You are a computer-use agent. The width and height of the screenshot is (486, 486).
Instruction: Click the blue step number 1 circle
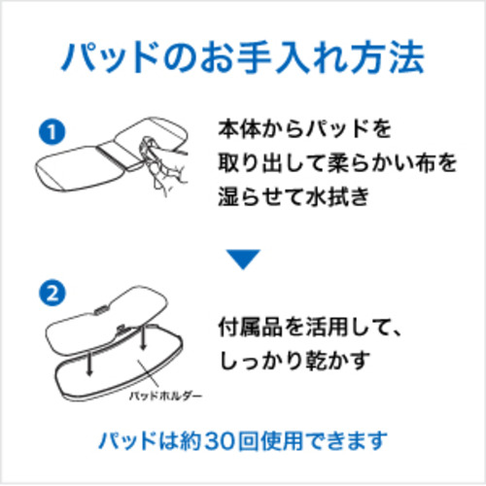point(52,132)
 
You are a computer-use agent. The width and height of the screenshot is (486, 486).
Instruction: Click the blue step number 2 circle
point(52,294)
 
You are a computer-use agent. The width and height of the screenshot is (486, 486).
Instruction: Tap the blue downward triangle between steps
point(243,259)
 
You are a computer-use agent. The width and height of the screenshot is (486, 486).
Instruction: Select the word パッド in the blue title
point(110,56)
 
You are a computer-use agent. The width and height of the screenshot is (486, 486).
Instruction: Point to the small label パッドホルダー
point(165,396)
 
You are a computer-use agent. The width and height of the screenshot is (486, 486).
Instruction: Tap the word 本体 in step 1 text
point(239,129)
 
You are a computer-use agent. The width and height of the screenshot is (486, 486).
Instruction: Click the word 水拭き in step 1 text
point(337,196)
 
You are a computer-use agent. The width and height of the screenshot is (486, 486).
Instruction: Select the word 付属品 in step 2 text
point(251,328)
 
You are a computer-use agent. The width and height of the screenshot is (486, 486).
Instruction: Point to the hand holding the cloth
point(163,165)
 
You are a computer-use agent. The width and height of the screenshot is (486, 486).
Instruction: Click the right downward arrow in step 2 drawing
point(143,337)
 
